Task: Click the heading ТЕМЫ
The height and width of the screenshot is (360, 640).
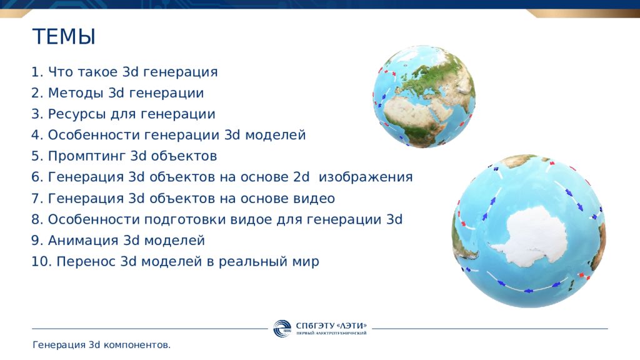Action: click(x=64, y=36)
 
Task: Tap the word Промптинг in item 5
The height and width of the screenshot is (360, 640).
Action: click(x=86, y=156)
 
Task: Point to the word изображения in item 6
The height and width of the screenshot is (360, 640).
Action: click(x=366, y=177)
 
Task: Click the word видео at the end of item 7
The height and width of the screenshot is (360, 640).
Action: click(x=314, y=198)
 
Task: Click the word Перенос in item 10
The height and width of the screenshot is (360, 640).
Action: click(x=86, y=262)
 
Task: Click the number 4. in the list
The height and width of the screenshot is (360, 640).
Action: click(x=37, y=135)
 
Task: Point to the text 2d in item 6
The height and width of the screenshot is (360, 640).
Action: click(x=301, y=177)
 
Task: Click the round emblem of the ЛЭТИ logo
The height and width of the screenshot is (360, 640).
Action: click(x=282, y=329)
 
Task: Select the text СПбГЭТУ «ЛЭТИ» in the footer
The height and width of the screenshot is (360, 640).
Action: click(x=331, y=326)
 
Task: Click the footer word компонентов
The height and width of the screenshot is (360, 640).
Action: click(x=137, y=345)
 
